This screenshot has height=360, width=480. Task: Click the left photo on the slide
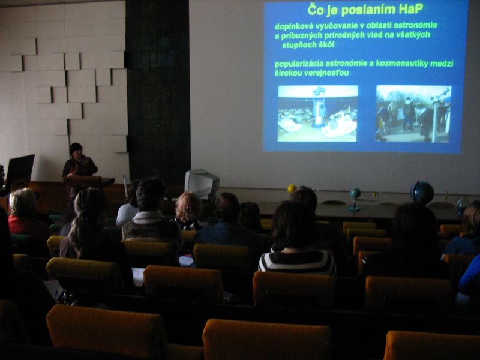pyautogui.click(x=317, y=113)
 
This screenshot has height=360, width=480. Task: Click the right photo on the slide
pyautogui.click(x=413, y=114)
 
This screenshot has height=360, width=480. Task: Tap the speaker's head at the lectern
pyautogui.click(x=76, y=149)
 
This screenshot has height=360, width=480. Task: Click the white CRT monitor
pyautogui.click(x=202, y=184)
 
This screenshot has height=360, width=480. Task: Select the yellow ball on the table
pyautogui.click(x=292, y=188)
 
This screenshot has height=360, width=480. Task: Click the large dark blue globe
pyautogui.click(x=422, y=192)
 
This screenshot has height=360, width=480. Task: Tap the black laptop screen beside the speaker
pyautogui.click(x=19, y=170)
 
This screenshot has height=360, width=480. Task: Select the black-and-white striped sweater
pyautogui.click(x=298, y=262)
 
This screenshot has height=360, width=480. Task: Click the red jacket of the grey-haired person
pyautogui.click(x=25, y=225)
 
